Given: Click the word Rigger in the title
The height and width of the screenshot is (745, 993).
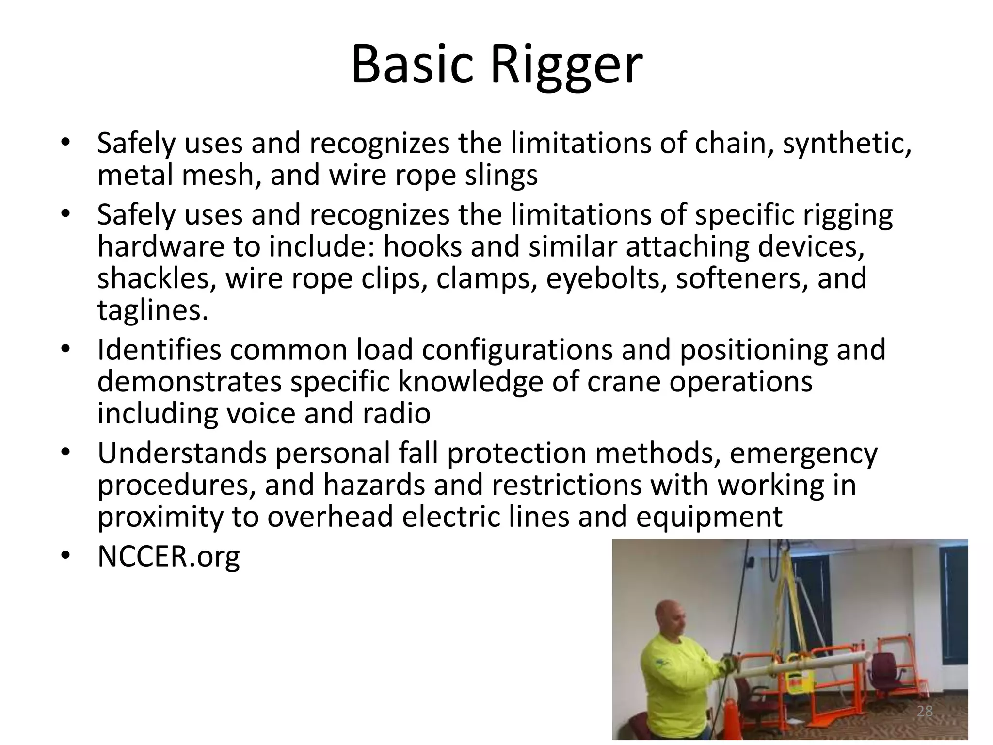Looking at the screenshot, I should tap(566, 65).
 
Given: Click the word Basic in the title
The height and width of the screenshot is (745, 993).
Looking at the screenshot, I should tap(412, 65).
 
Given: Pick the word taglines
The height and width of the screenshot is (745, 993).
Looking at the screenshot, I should tap(153, 310).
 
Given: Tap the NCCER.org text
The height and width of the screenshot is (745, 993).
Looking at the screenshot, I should tap(168, 557).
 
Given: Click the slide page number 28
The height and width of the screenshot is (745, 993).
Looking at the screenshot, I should tap(925, 712).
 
